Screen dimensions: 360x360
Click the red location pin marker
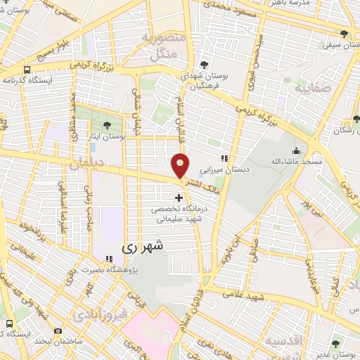(x=181, y=166)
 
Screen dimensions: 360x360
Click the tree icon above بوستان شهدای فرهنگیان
(x=204, y=63)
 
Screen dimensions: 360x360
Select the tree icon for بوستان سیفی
(x=344, y=33)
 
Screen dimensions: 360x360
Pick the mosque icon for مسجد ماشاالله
(x=297, y=150)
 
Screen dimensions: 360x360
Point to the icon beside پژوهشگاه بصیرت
(x=108, y=257)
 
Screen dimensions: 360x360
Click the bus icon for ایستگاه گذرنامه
(x=27, y=70)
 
